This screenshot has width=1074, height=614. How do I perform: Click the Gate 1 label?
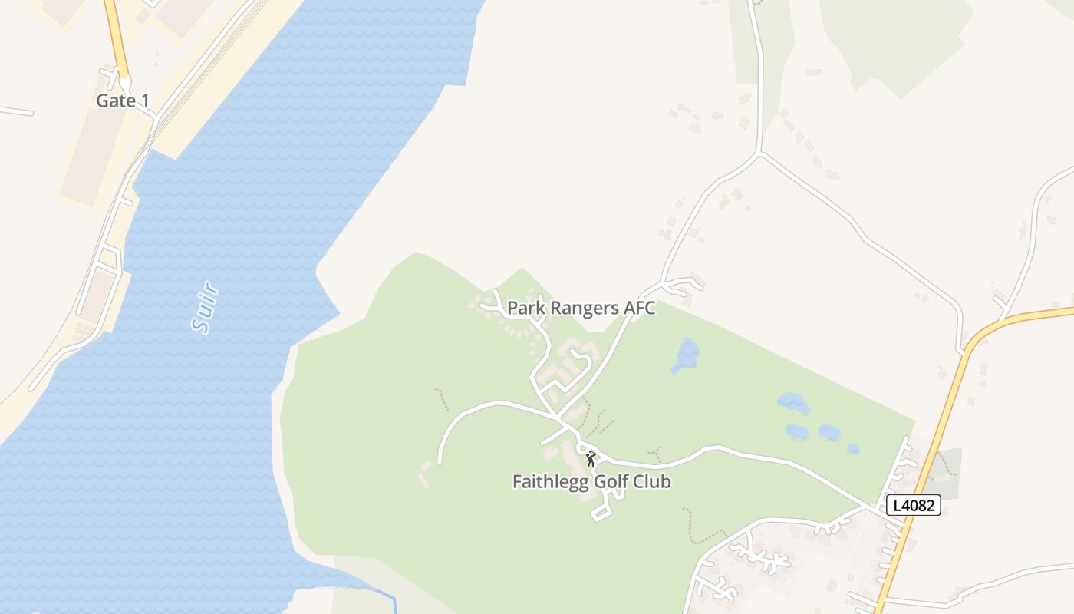(123, 101)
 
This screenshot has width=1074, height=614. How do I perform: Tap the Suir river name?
(205, 308)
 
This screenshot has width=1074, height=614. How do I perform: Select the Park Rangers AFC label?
(581, 309)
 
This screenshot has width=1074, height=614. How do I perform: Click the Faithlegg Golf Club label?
(591, 482)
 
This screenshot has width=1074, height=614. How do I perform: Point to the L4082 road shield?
(913, 505)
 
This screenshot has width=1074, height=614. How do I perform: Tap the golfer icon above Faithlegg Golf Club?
(591, 460)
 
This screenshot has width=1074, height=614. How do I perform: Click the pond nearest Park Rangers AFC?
(686, 355)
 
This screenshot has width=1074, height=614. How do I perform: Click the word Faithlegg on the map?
(546, 482)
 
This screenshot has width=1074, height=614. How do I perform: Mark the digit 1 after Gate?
(145, 101)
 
